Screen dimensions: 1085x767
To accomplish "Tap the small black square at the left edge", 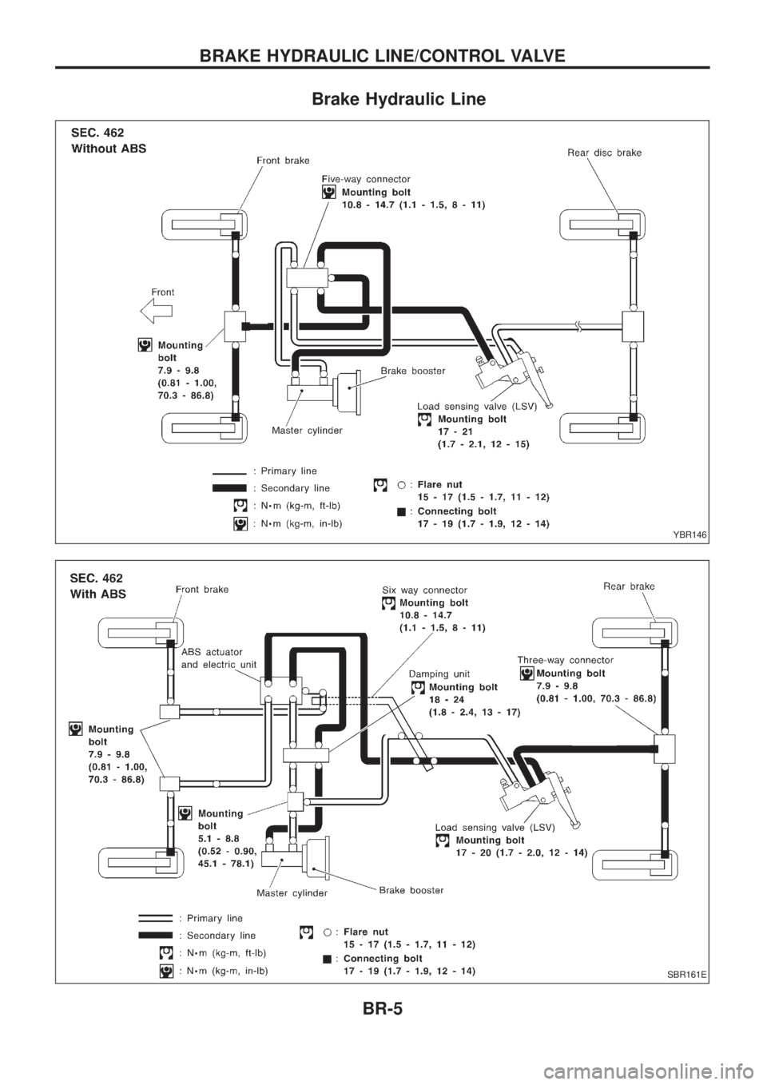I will (x=26, y=576).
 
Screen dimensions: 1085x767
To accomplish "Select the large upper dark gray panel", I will (x=383, y=332).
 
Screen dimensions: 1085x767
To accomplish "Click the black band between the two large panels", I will (x=383, y=551).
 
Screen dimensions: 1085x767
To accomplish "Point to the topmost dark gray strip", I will (x=383, y=55).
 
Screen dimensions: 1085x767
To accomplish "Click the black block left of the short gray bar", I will (x=156, y=88).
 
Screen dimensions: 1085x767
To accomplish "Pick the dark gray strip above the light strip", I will (x=383, y=1008).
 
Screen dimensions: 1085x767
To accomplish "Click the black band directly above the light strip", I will (x=383, y=1039).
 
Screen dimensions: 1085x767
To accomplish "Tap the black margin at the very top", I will (x=383, y=22).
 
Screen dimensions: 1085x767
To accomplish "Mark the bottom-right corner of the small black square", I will (x=54, y=593).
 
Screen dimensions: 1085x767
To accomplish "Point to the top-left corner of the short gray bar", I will (x=313, y=93).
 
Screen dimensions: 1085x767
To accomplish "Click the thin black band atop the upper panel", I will (x=383, y=114).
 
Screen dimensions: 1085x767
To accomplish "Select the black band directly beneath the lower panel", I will (x=383, y=992).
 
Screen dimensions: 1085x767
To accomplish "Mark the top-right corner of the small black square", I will (x=54, y=560).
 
